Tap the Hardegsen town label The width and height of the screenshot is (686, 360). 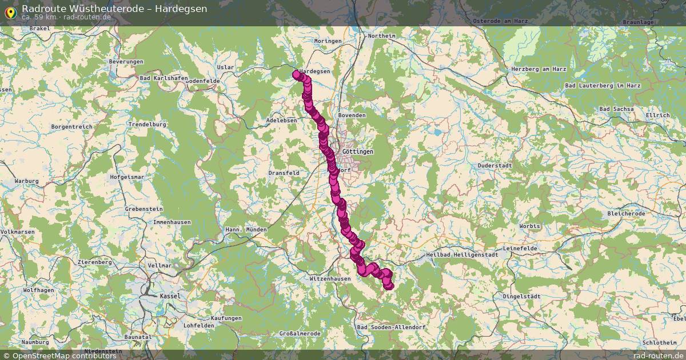(316, 71)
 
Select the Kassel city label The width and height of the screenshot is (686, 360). (170, 296)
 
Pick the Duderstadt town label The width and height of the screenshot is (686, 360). (494, 165)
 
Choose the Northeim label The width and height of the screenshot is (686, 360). (381, 35)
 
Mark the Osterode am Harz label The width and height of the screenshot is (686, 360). (500, 21)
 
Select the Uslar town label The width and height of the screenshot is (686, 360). (226, 67)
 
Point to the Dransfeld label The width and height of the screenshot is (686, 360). (284, 172)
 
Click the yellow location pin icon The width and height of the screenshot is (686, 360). (10, 12)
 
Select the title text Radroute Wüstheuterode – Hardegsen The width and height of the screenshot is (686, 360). (114, 9)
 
